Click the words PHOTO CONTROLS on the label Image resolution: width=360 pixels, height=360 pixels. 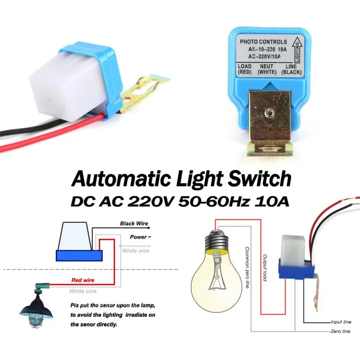click(x=263, y=42)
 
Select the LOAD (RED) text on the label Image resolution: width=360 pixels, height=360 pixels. click(x=244, y=69)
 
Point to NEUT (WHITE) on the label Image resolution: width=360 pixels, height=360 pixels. click(x=266, y=69)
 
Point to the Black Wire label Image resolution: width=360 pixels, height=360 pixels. click(x=134, y=224)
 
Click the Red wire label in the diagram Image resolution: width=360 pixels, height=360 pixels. click(x=83, y=280)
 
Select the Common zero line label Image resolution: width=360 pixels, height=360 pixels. click(x=247, y=267)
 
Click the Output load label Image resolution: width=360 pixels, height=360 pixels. click(x=265, y=268)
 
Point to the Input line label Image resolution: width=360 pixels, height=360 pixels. click(x=340, y=322)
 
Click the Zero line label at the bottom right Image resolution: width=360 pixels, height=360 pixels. click(x=340, y=332)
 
